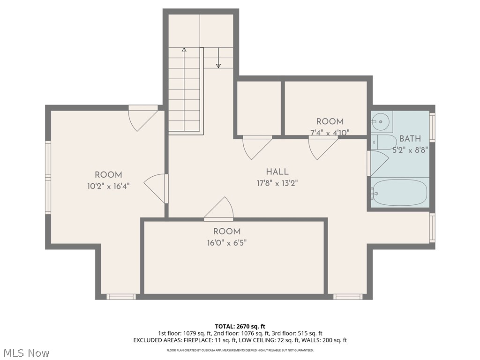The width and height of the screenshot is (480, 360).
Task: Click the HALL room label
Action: (x=277, y=172)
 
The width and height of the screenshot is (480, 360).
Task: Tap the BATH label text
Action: (x=410, y=139)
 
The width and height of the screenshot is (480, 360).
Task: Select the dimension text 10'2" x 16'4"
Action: (x=108, y=186)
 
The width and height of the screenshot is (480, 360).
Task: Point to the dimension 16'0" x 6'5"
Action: (x=227, y=243)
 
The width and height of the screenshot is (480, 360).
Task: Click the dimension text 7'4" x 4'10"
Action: (x=330, y=133)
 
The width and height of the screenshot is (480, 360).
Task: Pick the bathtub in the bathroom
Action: (x=399, y=192)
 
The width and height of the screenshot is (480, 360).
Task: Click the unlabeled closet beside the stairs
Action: (x=259, y=108)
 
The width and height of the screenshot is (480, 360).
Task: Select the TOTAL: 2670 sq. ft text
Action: (x=240, y=326)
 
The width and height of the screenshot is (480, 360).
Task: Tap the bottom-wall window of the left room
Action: (x=121, y=296)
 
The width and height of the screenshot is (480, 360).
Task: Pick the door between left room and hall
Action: (x=157, y=188)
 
